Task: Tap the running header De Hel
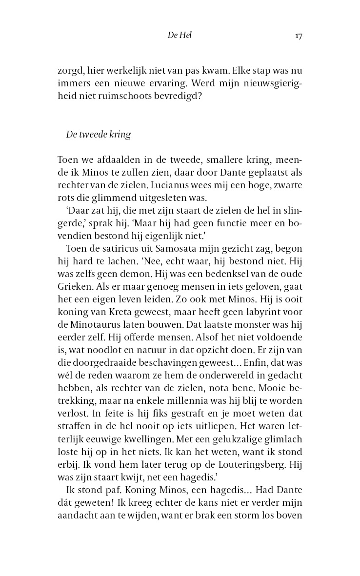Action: pyautogui.click(x=179, y=36)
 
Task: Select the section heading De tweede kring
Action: pyautogui.click(x=98, y=135)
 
